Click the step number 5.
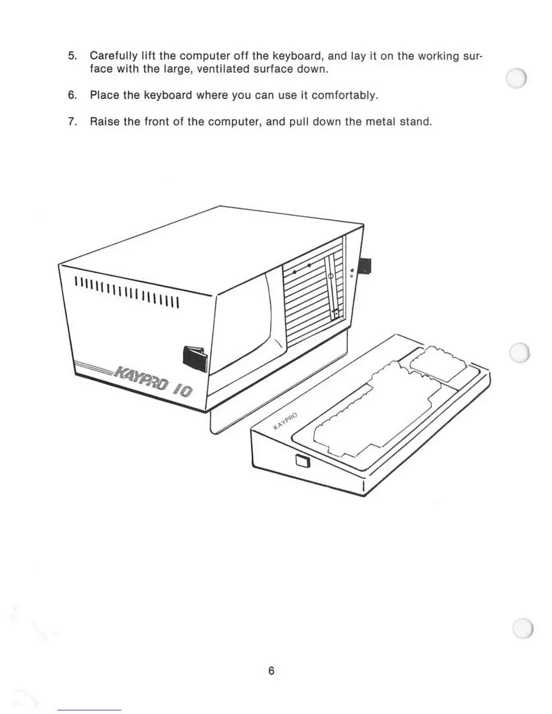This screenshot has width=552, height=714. (x=72, y=56)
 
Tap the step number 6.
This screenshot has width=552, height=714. (x=72, y=96)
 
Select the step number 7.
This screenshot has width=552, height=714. (x=72, y=122)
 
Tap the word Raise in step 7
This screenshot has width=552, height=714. (x=104, y=122)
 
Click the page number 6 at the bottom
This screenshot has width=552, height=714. (x=271, y=671)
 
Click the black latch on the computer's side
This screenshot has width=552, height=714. (x=195, y=358)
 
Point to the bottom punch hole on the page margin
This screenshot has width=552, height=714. (x=523, y=627)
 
